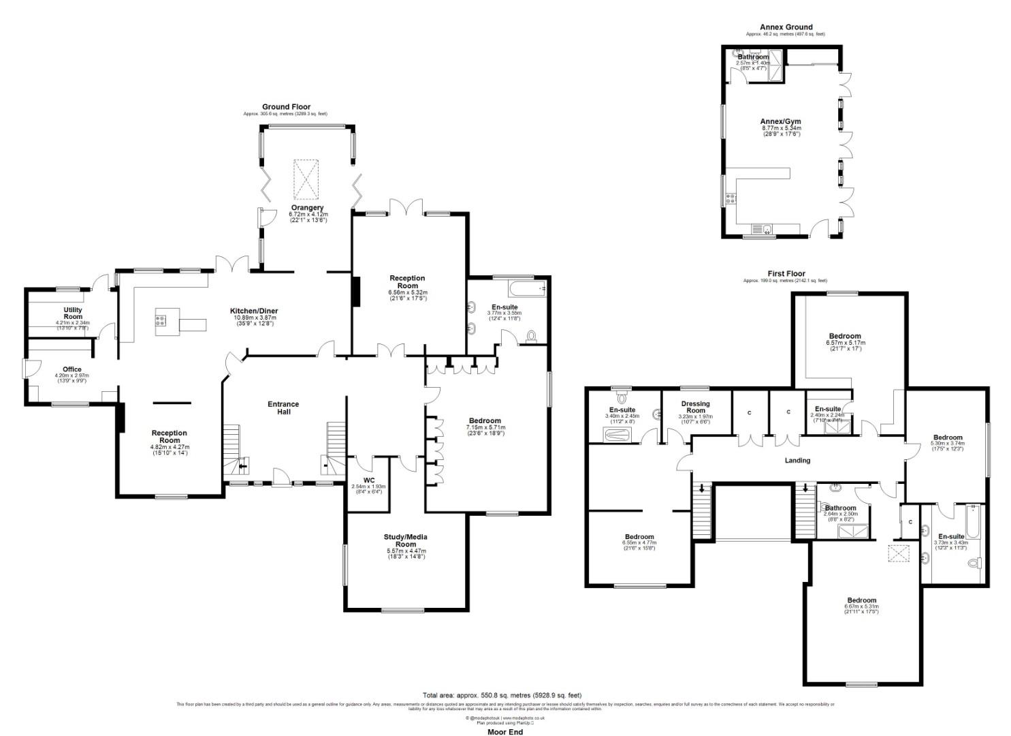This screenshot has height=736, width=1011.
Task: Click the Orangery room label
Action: click(x=307, y=208)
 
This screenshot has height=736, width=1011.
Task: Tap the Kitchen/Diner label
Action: click(x=253, y=311)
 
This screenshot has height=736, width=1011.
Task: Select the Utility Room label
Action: click(x=73, y=313)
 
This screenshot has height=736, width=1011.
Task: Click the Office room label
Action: click(x=72, y=369)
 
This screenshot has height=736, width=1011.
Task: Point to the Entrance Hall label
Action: click(x=283, y=408)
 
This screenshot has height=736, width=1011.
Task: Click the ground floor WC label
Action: click(x=368, y=480)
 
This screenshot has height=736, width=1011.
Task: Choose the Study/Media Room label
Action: click(x=406, y=540)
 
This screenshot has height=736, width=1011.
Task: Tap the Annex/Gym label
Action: click(x=780, y=121)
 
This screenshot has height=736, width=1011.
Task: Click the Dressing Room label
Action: click(x=695, y=408)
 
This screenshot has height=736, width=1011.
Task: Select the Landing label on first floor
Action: click(x=797, y=461)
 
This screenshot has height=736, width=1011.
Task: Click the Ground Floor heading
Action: click(x=286, y=107)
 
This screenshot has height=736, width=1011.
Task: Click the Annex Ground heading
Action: click(x=786, y=27)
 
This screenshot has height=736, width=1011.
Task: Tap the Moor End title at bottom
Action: click(x=505, y=732)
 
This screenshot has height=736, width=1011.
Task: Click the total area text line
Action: click(x=502, y=695)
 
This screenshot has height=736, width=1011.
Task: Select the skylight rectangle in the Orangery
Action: click(x=306, y=177)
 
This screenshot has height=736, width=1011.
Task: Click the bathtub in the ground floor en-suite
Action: click(x=528, y=290)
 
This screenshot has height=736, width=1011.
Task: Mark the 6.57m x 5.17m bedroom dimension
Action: click(x=844, y=343)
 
